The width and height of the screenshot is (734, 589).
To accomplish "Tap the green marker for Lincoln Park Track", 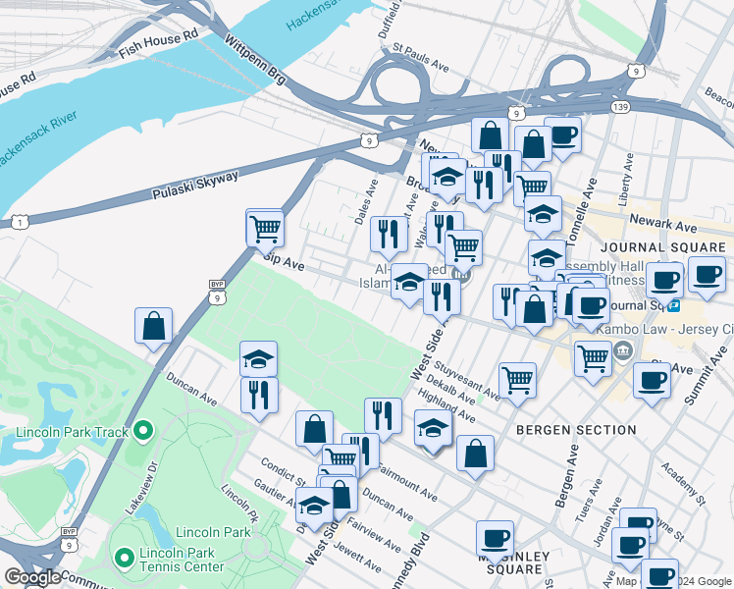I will (142, 430).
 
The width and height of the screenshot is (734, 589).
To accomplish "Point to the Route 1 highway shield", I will (21, 224).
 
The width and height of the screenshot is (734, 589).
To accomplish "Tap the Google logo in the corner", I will (32, 577).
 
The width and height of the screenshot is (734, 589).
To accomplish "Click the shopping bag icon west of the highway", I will (154, 326).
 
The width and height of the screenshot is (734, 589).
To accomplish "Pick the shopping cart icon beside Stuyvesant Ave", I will (517, 378).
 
